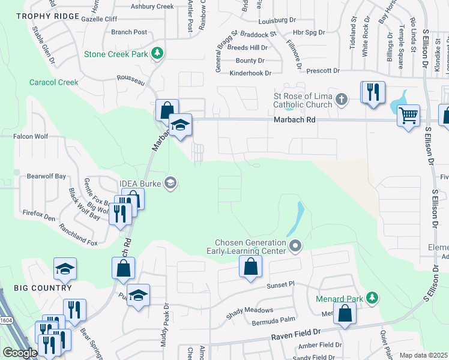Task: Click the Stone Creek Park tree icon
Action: click(157, 53)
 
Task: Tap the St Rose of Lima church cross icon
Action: click(342, 99)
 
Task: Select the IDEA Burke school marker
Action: click(170, 183)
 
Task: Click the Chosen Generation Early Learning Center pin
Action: click(295, 245)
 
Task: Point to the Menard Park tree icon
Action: click(372, 298)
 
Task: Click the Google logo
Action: click(19, 353)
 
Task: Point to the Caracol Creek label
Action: click(54, 82)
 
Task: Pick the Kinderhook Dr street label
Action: click(250, 73)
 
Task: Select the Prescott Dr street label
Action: click(323, 71)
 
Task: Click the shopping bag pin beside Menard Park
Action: click(345, 313)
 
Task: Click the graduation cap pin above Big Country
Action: click(65, 269)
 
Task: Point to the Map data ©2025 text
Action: click(423, 355)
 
